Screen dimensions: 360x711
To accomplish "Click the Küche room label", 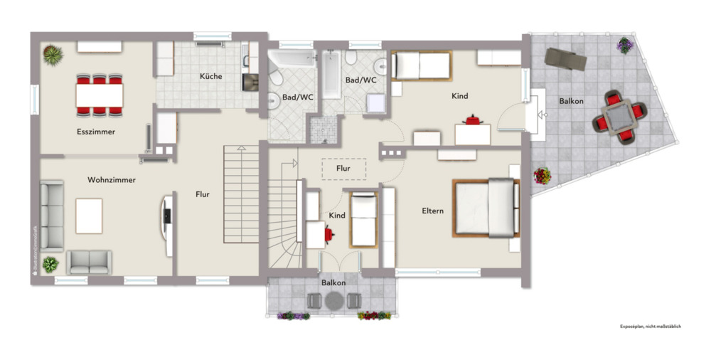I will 210,76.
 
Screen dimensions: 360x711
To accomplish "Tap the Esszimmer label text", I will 96,132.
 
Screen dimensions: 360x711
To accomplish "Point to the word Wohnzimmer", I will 112,180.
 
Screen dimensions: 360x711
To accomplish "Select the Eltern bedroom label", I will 432,211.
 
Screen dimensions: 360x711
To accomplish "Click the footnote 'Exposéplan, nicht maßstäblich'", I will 651,327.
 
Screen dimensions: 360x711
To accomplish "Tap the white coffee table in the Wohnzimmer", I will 89,216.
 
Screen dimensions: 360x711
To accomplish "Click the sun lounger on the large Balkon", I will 566,58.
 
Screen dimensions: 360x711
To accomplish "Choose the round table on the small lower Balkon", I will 334,301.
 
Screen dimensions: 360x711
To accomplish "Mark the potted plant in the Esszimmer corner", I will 52,54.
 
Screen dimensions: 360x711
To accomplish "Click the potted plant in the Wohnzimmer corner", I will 50,265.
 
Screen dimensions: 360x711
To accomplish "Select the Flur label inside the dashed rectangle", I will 343,169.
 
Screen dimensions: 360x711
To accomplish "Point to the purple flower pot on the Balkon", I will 624,46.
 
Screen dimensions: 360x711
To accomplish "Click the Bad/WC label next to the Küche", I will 297,97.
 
